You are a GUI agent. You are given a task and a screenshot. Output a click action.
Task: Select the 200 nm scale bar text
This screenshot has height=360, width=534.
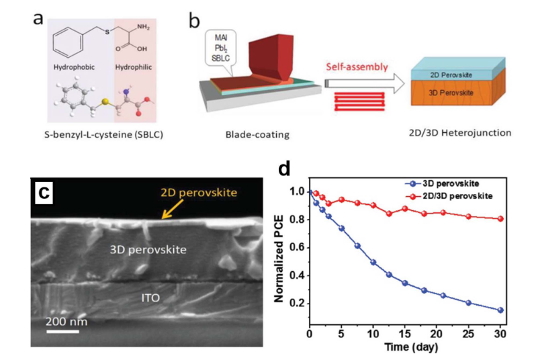66,321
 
